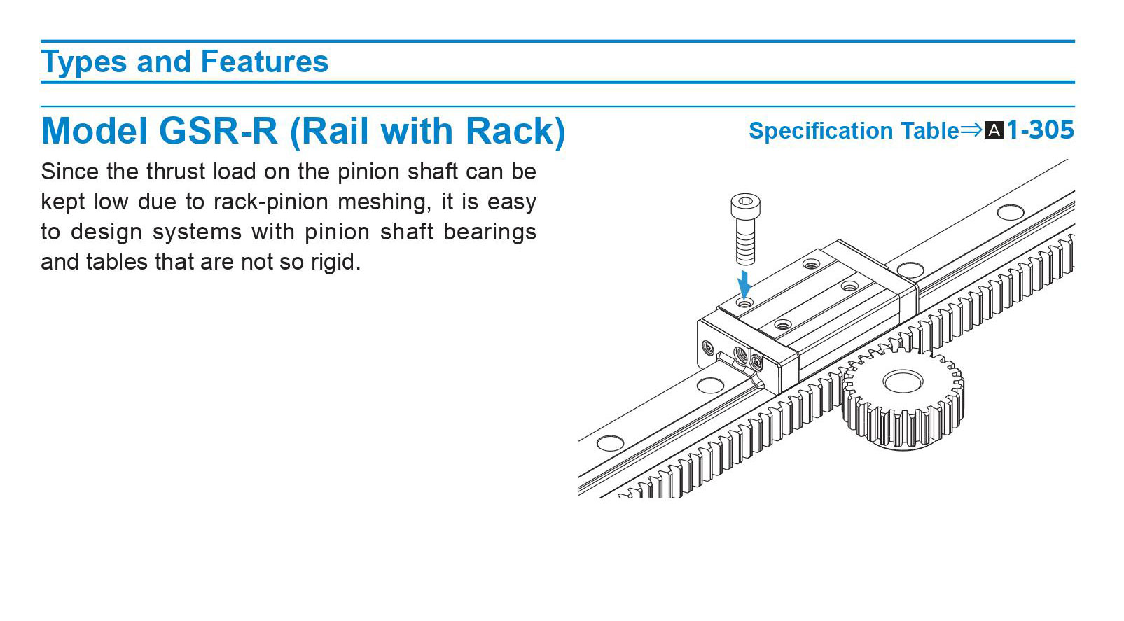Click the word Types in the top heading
point(83,62)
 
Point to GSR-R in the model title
point(218,131)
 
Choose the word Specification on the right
point(821,131)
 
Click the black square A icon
point(994,130)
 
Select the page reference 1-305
point(1040,130)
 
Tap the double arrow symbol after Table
point(971,130)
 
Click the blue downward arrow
point(744,284)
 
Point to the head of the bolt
point(745,205)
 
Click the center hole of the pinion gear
point(903,382)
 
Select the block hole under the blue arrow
point(744,303)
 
